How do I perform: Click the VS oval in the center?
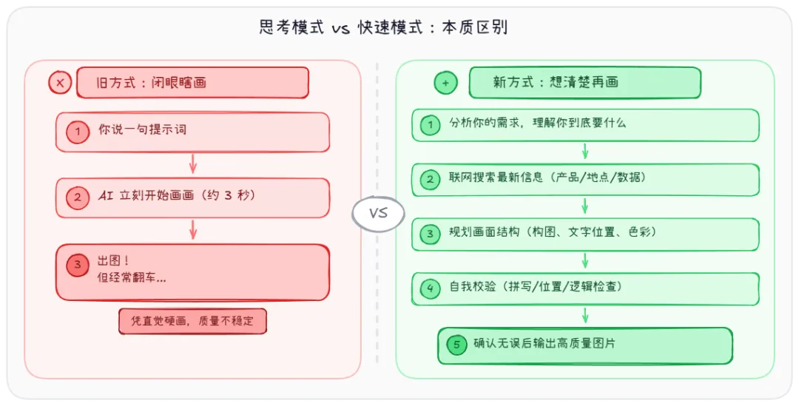pyautogui.click(x=378, y=214)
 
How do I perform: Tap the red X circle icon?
pyautogui.click(x=60, y=82)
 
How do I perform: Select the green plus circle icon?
pyautogui.click(x=445, y=83)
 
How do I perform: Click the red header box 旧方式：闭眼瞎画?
pyautogui.click(x=192, y=82)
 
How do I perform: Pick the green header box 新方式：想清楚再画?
pyautogui.click(x=584, y=82)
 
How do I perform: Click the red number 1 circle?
pyautogui.click(x=77, y=132)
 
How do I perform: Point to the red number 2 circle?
pyautogui.click(x=77, y=197)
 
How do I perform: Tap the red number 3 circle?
pyautogui.click(x=77, y=265)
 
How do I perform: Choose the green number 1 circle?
pyautogui.click(x=430, y=125)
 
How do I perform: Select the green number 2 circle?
pyautogui.click(x=430, y=180)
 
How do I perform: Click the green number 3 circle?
pyautogui.click(x=430, y=234)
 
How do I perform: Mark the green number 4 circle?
pyautogui.click(x=430, y=289)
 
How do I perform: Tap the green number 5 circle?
pyautogui.click(x=456, y=345)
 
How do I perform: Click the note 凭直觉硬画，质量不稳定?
pyautogui.click(x=192, y=322)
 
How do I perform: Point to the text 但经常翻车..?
pyautogui.click(x=132, y=279)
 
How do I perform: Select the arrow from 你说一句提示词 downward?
pyautogui.click(x=193, y=164)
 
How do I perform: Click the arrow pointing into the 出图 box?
pyautogui.click(x=193, y=230)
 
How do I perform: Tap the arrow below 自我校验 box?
pyautogui.click(x=585, y=316)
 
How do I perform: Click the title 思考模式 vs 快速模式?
pyautogui.click(x=383, y=28)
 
